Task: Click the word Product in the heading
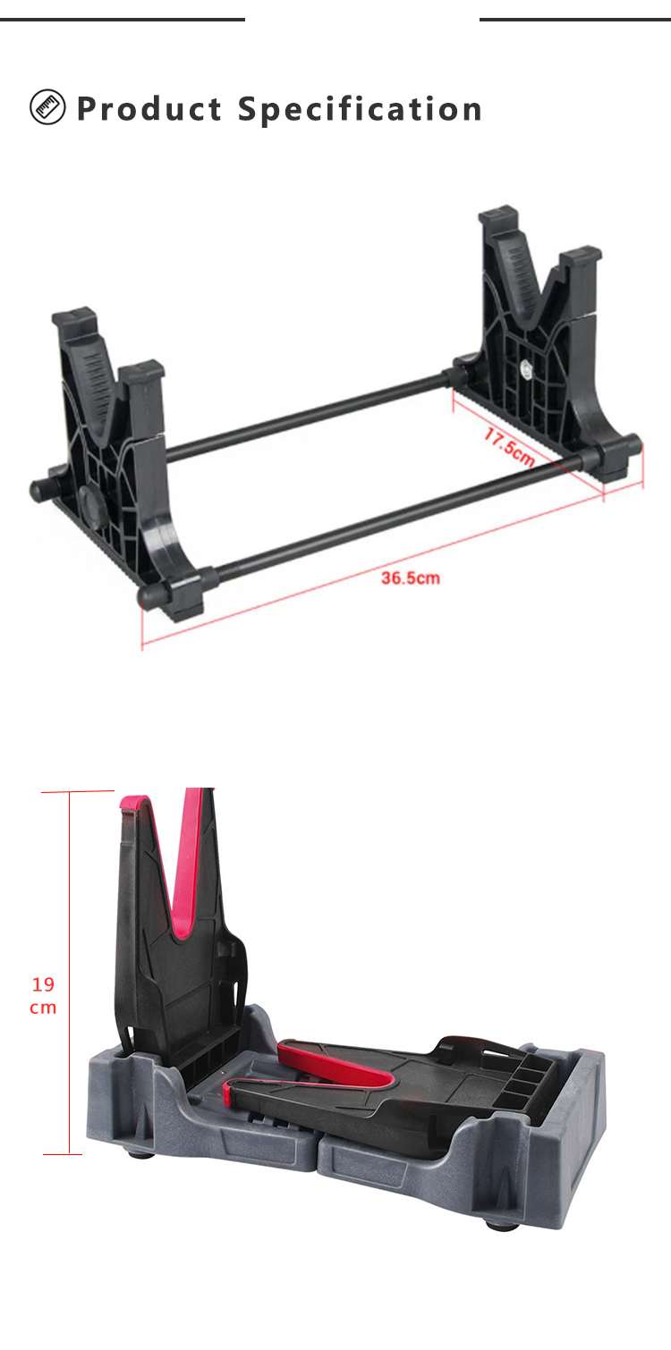tap(149, 109)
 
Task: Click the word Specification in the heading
tap(360, 110)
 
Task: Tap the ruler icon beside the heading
tap(47, 107)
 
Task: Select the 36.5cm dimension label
tap(411, 578)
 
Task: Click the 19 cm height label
tap(43, 996)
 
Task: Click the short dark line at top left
tap(122, 19)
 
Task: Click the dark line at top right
tap(574, 19)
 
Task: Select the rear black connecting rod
tap(304, 418)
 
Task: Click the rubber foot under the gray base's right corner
tap(502, 1224)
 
